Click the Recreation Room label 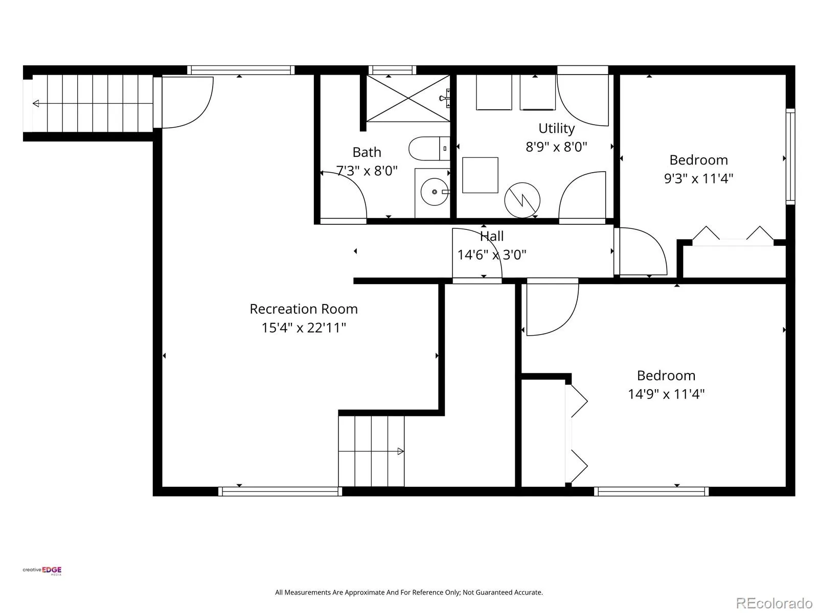pyautogui.click(x=303, y=309)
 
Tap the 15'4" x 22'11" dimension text pyautogui.click(x=303, y=328)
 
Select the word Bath pyautogui.click(x=367, y=152)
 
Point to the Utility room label pyautogui.click(x=556, y=129)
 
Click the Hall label pyautogui.click(x=491, y=236)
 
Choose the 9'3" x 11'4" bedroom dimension pyautogui.click(x=698, y=179)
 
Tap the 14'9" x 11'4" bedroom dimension pyautogui.click(x=666, y=394)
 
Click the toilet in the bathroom pyautogui.click(x=429, y=149)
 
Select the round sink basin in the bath pyautogui.click(x=434, y=192)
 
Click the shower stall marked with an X pyautogui.click(x=408, y=98)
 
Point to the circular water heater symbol pyautogui.click(x=522, y=200)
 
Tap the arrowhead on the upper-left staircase pyautogui.click(x=36, y=104)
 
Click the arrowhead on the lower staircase pyautogui.click(x=401, y=452)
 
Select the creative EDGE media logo pyautogui.click(x=42, y=571)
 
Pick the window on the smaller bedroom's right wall pyautogui.click(x=790, y=156)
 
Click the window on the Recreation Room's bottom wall pyautogui.click(x=280, y=491)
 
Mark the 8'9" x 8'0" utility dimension pyautogui.click(x=556, y=147)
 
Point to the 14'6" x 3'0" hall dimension pyautogui.click(x=491, y=255)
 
